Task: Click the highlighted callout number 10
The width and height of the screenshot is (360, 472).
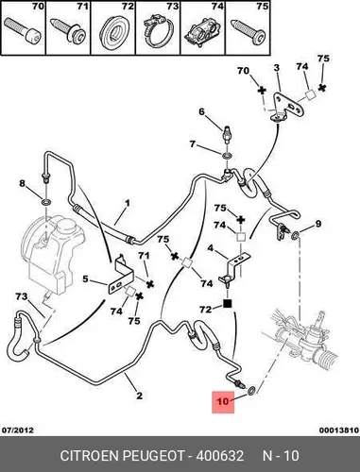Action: pyautogui.click(x=223, y=401)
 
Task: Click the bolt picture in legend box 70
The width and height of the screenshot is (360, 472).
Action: pyautogui.click(x=24, y=30)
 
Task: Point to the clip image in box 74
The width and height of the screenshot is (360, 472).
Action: pyautogui.click(x=202, y=33)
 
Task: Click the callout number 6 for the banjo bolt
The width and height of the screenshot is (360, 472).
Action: pyautogui.click(x=201, y=111)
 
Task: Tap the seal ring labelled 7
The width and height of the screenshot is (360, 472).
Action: pyautogui.click(x=228, y=156)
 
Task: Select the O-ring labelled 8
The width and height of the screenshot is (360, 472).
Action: pyautogui.click(x=46, y=202)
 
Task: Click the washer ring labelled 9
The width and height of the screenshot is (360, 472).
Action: pyautogui.click(x=296, y=235)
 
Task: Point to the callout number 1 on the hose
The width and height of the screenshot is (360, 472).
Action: pyautogui.click(x=127, y=203)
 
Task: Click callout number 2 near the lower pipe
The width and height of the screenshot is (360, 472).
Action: pyautogui.click(x=139, y=396)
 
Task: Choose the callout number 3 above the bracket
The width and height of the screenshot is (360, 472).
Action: pyautogui.click(x=276, y=68)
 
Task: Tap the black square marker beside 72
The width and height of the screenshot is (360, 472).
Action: pyautogui.click(x=228, y=304)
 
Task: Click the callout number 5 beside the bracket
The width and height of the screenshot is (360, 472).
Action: pyautogui.click(x=85, y=278)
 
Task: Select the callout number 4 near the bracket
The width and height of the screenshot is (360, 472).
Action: pyautogui.click(x=211, y=248)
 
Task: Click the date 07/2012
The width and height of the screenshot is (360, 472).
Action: pyautogui.click(x=18, y=430)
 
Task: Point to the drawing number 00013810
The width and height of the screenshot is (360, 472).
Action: pyautogui.click(x=339, y=430)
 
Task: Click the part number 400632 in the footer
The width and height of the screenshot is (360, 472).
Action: pyautogui.click(x=220, y=456)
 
